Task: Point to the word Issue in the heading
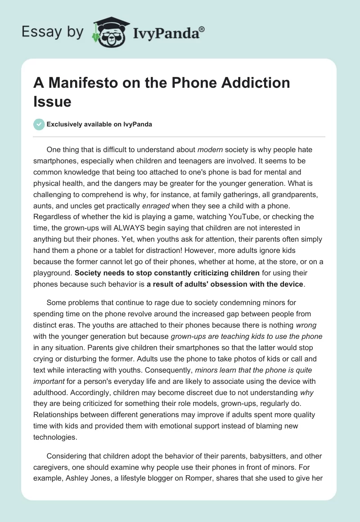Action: click(53, 102)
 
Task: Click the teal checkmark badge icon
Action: click(40, 124)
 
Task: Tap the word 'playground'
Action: click(55, 272)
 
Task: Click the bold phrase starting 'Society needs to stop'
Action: click(166, 272)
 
